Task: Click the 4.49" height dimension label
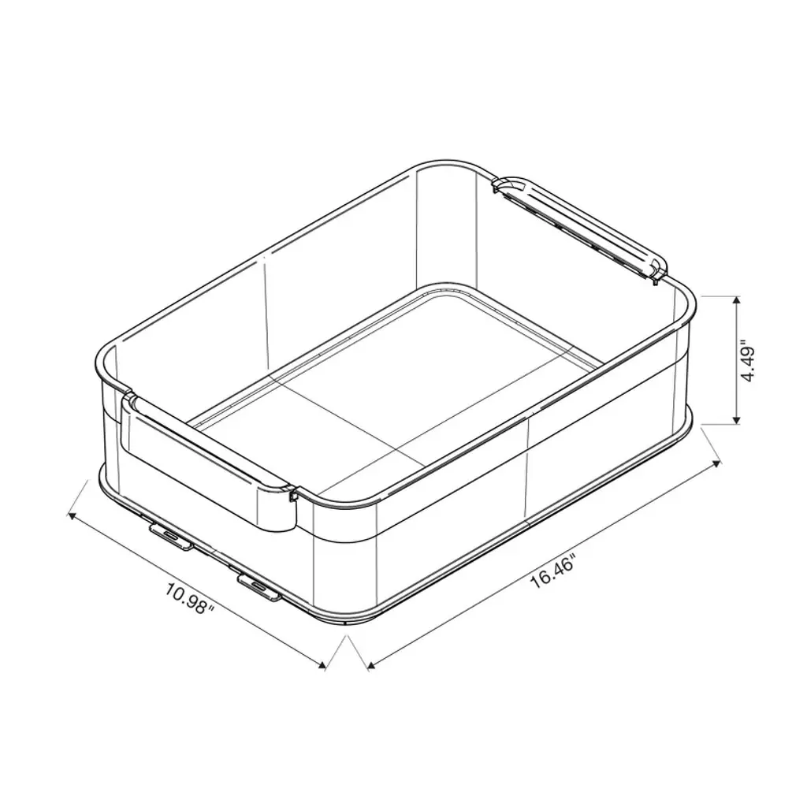747,359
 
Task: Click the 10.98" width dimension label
189,597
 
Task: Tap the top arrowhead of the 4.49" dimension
737,301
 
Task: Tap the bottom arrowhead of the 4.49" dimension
737,419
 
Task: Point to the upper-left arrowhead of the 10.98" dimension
73,515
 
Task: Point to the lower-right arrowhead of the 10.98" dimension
322,666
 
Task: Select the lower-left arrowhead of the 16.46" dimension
372,667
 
